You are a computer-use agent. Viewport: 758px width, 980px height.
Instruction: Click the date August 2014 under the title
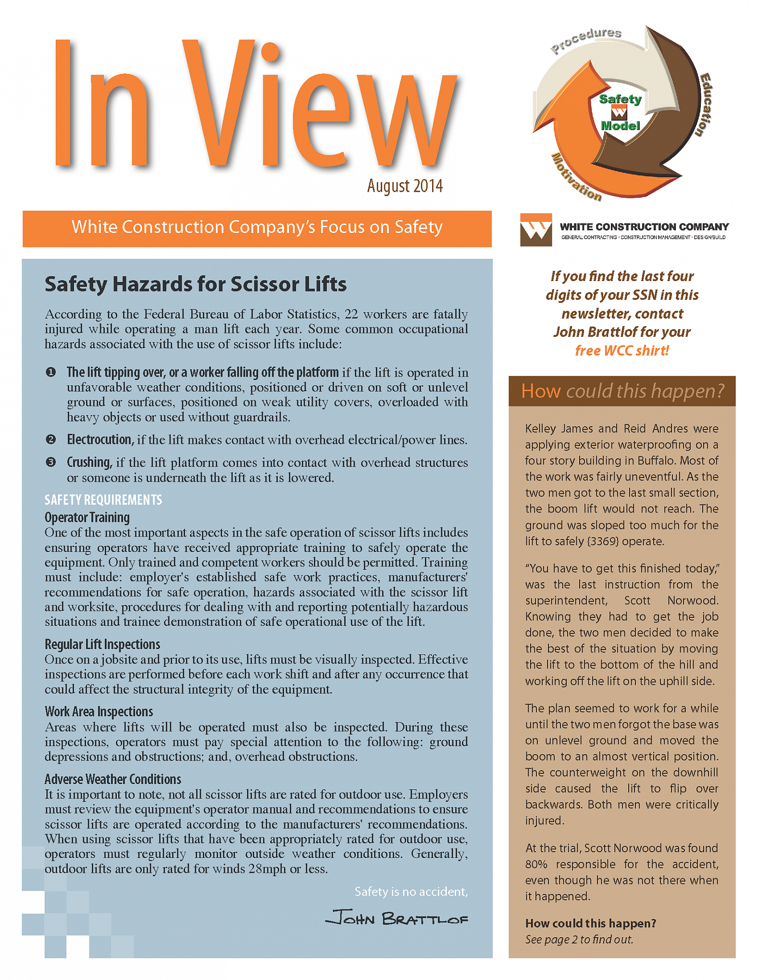pyautogui.click(x=405, y=186)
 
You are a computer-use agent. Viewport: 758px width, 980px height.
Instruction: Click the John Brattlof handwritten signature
pyautogui.click(x=397, y=918)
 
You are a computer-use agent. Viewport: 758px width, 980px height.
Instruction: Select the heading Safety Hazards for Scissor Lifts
pyautogui.click(x=195, y=284)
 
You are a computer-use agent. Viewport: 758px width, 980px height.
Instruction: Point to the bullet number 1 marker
pyautogui.click(x=50, y=372)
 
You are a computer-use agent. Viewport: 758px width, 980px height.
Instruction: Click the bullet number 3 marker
pyautogui.click(x=50, y=462)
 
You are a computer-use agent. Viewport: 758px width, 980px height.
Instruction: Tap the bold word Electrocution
pyautogui.click(x=99, y=440)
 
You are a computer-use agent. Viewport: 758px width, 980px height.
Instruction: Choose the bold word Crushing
pyautogui.click(x=89, y=462)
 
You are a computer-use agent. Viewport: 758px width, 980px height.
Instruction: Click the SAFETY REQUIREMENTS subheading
pyautogui.click(x=103, y=500)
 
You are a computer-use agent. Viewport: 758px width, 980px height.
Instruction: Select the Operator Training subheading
pyautogui.click(x=87, y=517)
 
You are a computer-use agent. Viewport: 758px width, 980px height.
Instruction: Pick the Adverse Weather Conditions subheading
pyautogui.click(x=113, y=779)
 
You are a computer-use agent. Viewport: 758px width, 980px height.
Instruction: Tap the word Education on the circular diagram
pyautogui.click(x=705, y=104)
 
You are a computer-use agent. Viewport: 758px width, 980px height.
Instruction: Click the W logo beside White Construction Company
pyautogui.click(x=536, y=230)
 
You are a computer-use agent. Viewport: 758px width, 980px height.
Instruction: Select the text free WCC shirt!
pyautogui.click(x=622, y=351)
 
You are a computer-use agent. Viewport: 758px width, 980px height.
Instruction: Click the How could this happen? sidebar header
pyautogui.click(x=622, y=391)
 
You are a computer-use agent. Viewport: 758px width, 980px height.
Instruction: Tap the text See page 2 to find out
pyautogui.click(x=579, y=940)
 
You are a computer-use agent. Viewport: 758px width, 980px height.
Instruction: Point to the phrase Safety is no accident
pyautogui.click(x=411, y=892)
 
